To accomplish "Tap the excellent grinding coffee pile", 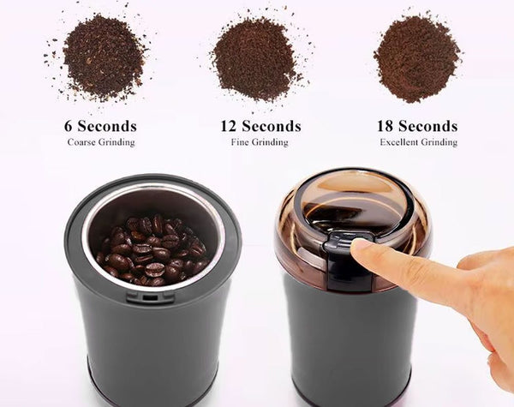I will [416, 58].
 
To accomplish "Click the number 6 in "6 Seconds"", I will [69, 126].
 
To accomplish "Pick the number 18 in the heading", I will [386, 126].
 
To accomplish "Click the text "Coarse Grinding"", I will [101, 142].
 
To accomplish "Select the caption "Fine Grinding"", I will [260, 142].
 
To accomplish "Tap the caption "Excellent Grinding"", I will [418, 142].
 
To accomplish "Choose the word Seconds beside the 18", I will [428, 126].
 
